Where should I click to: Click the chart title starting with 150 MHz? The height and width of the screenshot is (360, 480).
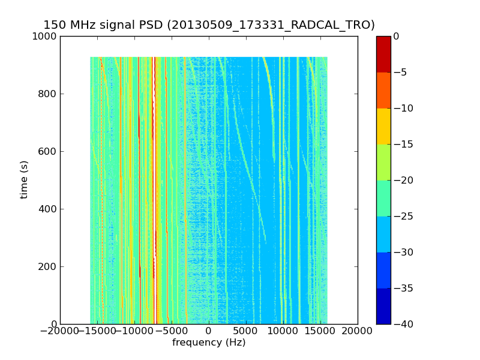(209, 25)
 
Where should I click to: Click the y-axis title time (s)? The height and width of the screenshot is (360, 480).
(25, 179)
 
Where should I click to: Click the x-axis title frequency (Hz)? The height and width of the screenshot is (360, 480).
(209, 343)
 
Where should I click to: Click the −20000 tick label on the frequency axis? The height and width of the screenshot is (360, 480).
(60, 331)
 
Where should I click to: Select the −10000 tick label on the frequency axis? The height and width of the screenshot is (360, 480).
(134, 331)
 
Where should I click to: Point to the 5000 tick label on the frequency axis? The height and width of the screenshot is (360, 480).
(246, 331)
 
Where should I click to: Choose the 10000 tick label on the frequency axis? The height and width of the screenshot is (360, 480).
(283, 331)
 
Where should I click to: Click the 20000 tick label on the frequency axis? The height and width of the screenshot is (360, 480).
(358, 331)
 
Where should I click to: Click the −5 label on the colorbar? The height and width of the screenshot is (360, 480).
(400, 72)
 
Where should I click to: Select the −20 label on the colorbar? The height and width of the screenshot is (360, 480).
(403, 180)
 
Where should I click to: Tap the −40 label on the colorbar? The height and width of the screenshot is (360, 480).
(403, 324)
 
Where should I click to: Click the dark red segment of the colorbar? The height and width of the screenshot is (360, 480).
(383, 54)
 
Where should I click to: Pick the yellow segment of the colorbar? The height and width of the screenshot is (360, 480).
(383, 126)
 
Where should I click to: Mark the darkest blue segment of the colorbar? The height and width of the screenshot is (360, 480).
(383, 306)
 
